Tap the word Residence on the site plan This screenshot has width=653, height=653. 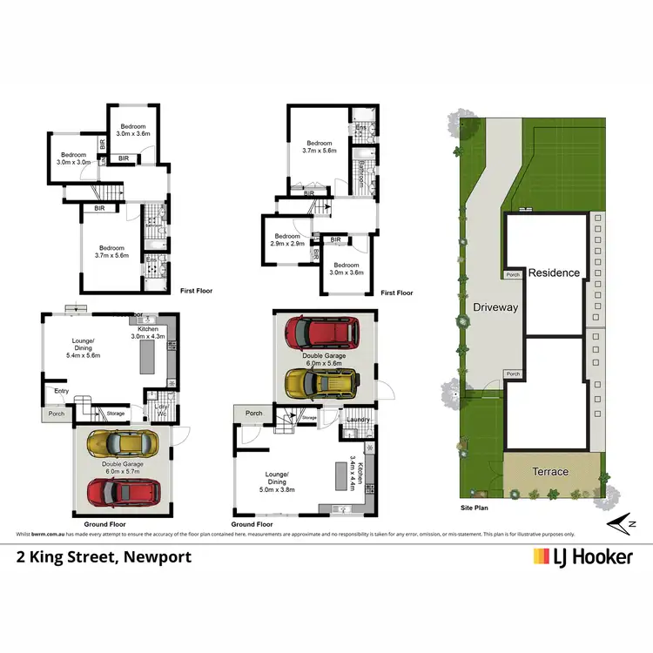point(555,273)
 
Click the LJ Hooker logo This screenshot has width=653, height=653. point(582,556)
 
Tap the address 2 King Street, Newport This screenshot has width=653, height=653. point(104,556)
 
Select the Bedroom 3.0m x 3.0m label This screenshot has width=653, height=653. point(74,158)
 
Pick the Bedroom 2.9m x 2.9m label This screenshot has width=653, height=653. point(287,240)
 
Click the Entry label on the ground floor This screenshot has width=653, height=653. point(62,392)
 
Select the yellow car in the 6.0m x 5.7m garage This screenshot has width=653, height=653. point(123,443)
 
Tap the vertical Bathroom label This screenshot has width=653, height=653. point(361,175)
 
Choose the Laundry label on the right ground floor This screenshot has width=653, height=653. point(358,421)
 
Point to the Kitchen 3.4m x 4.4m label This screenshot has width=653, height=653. point(354,472)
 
